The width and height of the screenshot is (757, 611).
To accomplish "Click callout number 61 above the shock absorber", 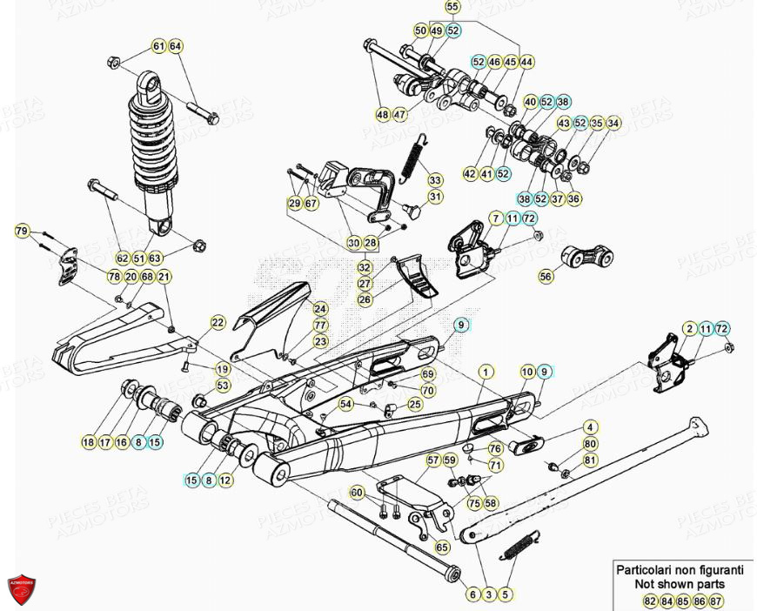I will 158,45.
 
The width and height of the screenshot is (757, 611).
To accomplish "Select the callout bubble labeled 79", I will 23,231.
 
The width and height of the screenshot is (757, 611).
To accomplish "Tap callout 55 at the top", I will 452,7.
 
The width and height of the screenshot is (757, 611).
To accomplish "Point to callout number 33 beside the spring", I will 435,180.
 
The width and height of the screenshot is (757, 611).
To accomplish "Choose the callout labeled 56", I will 546,277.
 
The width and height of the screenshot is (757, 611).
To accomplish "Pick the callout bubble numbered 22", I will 218,323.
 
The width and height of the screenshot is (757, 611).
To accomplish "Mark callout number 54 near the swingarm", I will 346,404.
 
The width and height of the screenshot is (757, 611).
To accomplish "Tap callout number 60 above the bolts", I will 356,493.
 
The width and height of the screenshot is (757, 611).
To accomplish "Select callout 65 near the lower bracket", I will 442,547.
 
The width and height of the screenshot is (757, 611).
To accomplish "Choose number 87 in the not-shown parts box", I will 716,601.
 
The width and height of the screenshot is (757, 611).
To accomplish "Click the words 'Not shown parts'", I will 680,585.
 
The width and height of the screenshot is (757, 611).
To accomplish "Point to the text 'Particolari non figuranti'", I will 680,570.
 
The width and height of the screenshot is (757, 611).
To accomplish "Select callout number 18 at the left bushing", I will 88,443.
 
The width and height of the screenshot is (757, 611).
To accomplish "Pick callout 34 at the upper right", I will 614,124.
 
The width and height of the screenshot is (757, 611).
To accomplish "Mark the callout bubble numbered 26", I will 365,299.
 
